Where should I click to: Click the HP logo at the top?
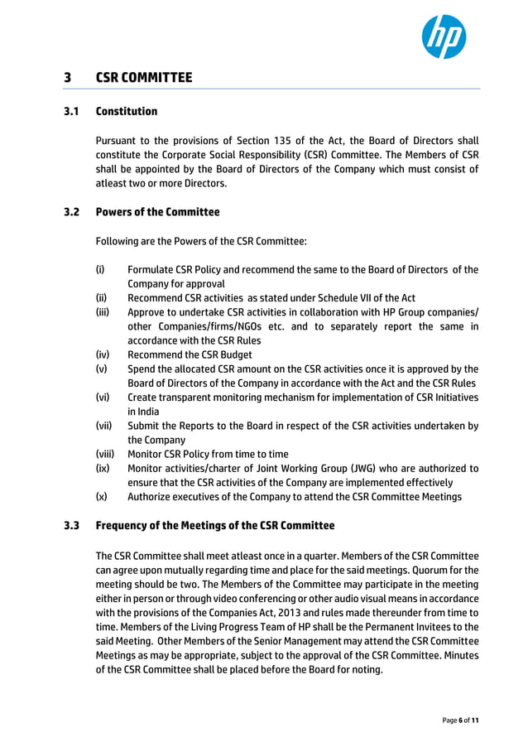pyautogui.click(x=444, y=37)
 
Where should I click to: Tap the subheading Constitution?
pyautogui.click(x=126, y=111)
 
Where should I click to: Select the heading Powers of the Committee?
pyautogui.click(x=157, y=212)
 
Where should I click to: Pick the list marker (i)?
pyautogui.click(x=99, y=270)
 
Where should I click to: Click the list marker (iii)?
pyautogui.click(x=102, y=312)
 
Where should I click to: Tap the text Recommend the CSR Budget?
pyautogui.click(x=190, y=354)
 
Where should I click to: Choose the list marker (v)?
pyautogui.click(x=101, y=369)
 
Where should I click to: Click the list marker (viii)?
pyautogui.click(x=104, y=454)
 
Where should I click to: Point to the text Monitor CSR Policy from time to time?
pyautogui.click(x=208, y=454)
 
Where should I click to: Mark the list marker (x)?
pyautogui.click(x=101, y=497)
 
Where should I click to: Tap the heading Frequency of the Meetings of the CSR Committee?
pyautogui.click(x=215, y=526)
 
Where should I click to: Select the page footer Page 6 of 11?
pyautogui.click(x=460, y=720)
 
